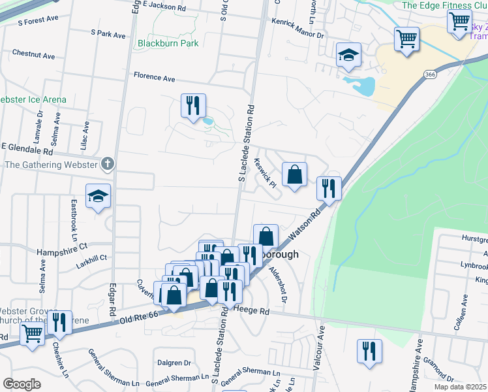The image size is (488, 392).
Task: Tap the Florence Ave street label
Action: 155,77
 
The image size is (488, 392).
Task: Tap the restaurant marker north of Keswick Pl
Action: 192,106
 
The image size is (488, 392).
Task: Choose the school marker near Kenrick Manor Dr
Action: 348,56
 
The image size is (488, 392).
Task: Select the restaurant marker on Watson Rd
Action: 329,189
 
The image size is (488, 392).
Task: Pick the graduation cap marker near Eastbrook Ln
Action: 98,196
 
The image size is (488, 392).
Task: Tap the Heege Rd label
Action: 251,312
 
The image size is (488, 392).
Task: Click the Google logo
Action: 22,384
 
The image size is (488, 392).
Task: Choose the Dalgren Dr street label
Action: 174,363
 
